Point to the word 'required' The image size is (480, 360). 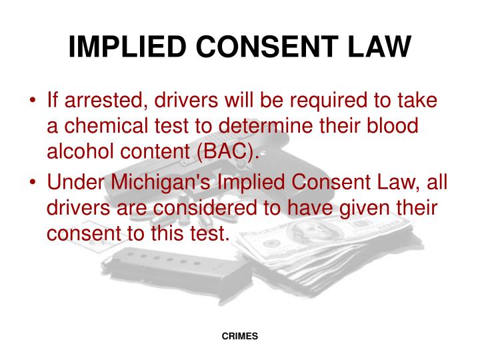coord(313,101)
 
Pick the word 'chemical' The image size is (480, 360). coord(111,127)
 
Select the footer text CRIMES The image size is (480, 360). coord(240,337)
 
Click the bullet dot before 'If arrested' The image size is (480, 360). coord(32,101)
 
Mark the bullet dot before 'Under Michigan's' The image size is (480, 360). coord(32,181)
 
